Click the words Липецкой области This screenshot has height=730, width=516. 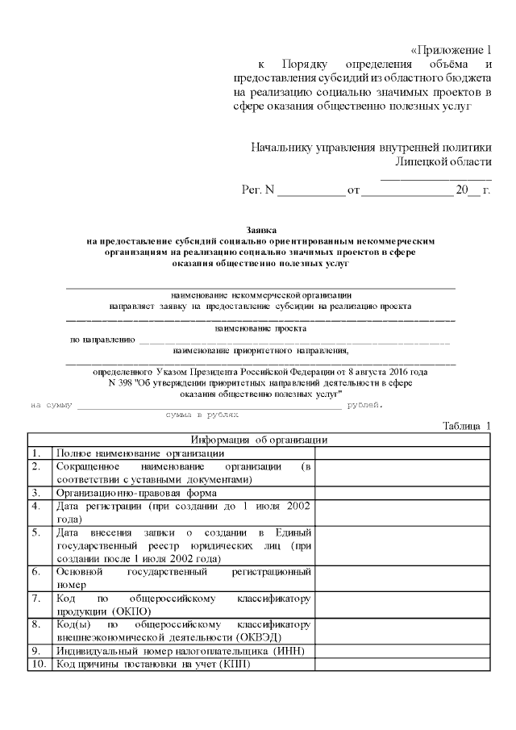coord(443,161)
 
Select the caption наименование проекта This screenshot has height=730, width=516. coord(260,328)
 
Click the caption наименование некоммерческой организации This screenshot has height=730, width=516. coord(260,295)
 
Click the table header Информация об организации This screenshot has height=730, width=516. coord(259,440)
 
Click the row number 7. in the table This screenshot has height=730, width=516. coord(36,599)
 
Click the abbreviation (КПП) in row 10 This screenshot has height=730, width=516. coord(234,664)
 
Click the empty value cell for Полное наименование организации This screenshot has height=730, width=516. coord(402,453)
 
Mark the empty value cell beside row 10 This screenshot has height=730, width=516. coord(402,664)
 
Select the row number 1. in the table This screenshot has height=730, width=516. coord(36,453)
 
